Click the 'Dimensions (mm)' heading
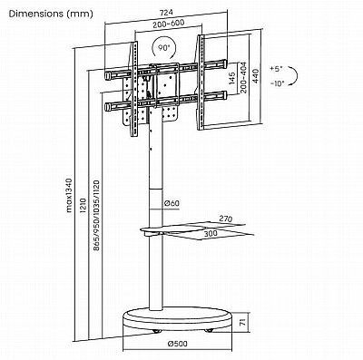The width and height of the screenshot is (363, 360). [51, 14]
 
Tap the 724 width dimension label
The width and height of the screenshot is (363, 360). [166, 13]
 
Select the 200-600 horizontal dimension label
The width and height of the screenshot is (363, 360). [168, 24]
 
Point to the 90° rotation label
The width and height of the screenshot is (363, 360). [163, 47]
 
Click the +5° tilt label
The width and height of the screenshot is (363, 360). [276, 69]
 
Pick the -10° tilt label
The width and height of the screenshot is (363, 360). [278, 83]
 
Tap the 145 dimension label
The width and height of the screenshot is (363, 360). [232, 78]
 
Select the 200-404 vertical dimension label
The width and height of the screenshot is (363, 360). [243, 77]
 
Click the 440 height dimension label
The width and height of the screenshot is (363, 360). [256, 76]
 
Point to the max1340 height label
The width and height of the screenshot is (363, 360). [70, 195]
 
